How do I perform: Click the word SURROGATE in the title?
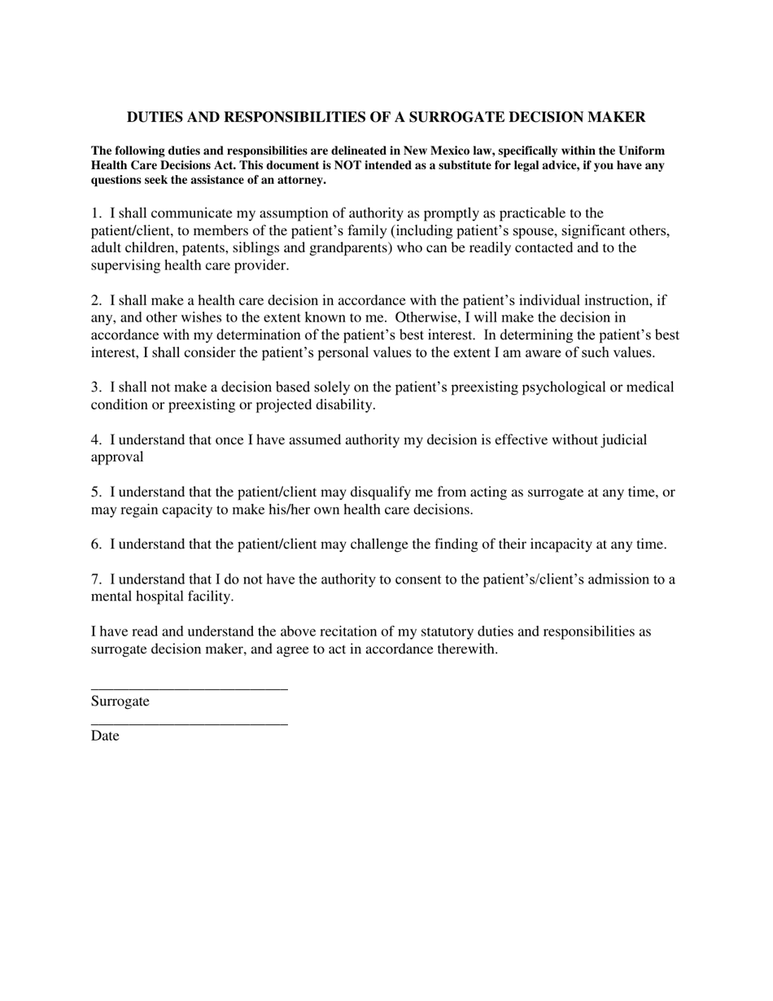pyautogui.click(x=454, y=117)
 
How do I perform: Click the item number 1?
pyautogui.click(x=96, y=213)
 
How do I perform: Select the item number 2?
pyautogui.click(x=96, y=300)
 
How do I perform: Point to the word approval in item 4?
pyautogui.click(x=117, y=457)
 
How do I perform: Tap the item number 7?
pyautogui.click(x=96, y=579)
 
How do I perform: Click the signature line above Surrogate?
pyautogui.click(x=189, y=688)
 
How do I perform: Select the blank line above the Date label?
pyautogui.click(x=189, y=723)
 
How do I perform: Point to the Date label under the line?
pyautogui.click(x=105, y=736)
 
